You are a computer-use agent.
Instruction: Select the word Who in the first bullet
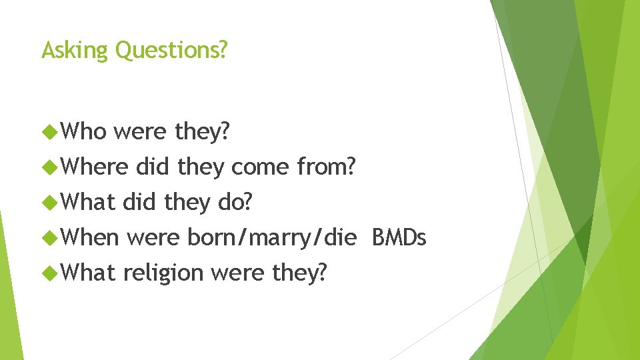coord(83,132)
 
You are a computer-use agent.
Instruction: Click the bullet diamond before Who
coord(49,132)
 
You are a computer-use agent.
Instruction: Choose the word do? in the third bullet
coord(236,201)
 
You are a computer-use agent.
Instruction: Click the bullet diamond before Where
coord(49,167)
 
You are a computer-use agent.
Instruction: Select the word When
coord(90,236)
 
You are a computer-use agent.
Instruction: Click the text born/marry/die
coord(272,236)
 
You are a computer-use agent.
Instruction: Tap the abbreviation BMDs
coord(399,236)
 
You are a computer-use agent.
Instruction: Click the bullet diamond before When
coord(49,236)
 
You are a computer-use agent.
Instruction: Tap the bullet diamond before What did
coord(49,201)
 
